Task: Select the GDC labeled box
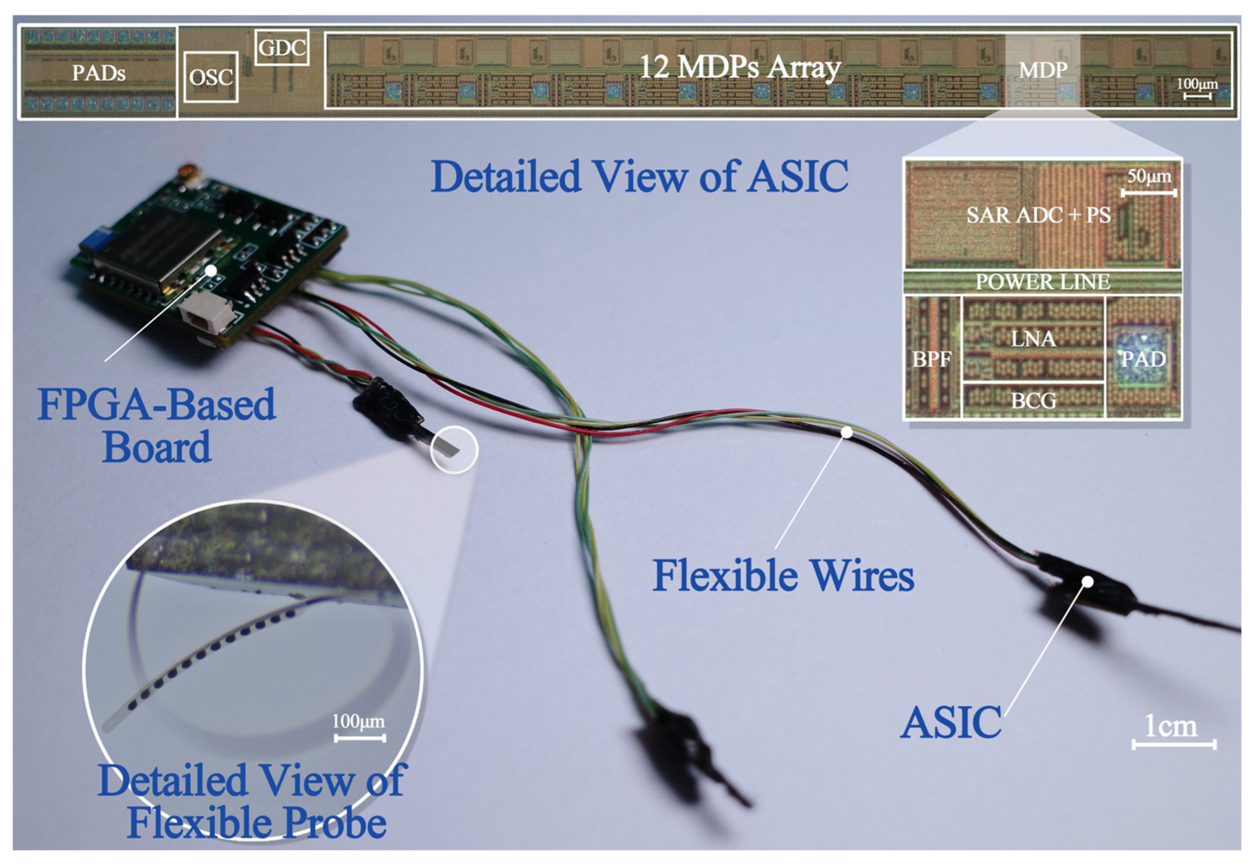(282, 48)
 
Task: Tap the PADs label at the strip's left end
(99, 73)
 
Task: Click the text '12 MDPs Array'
(740, 68)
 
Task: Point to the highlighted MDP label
(1043, 69)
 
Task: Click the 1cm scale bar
(1174, 744)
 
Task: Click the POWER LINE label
(1042, 282)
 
